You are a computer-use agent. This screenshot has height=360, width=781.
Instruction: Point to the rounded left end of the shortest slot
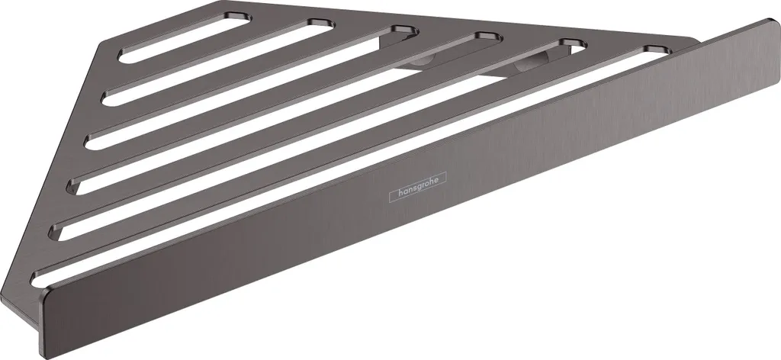[124, 57]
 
